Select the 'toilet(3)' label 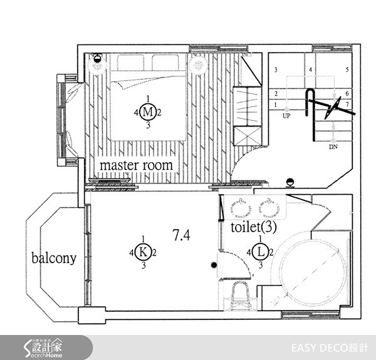point(253,226)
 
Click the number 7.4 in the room point(181,235)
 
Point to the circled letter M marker point(147,112)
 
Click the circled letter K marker point(144,252)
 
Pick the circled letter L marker point(261,252)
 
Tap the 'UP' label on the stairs point(286,116)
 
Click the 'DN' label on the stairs point(332,148)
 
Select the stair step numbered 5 point(347,69)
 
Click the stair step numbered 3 point(275,69)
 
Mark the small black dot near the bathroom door point(214,266)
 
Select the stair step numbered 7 point(347,104)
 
